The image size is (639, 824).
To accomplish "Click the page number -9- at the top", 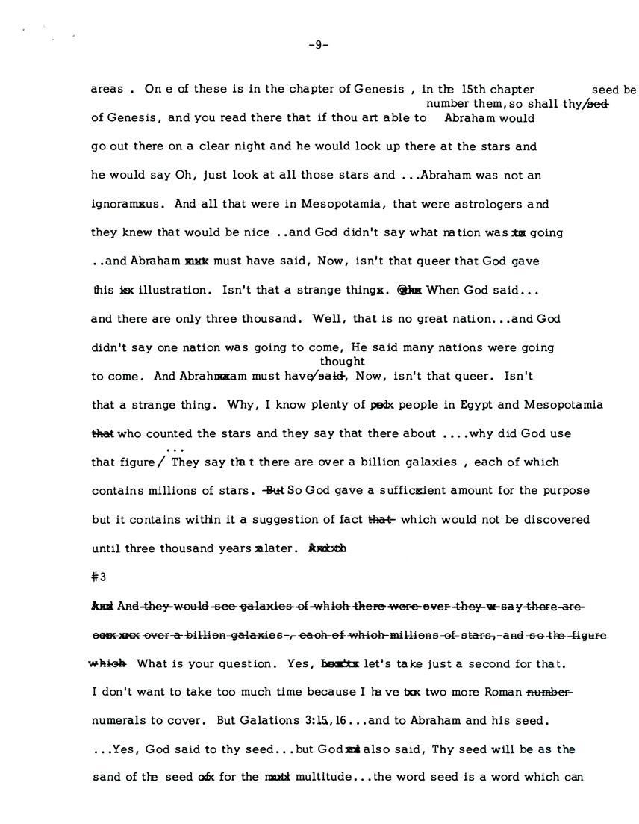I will click(319, 44).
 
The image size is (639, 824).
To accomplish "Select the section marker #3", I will click(98, 576).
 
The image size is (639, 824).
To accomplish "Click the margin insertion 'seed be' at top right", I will click(614, 90).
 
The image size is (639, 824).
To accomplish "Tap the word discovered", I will click(543, 519).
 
